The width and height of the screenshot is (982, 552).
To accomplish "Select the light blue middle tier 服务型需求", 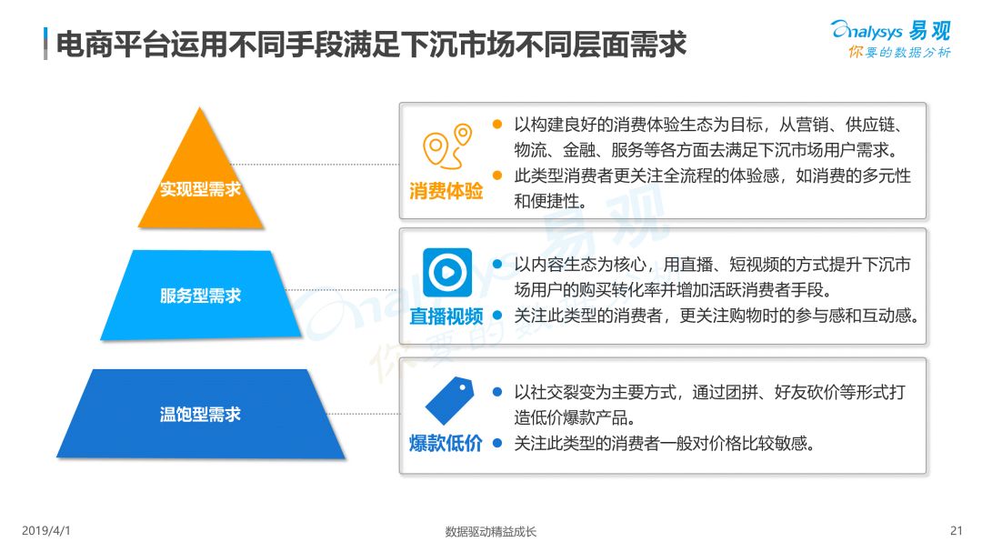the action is (x=200, y=296).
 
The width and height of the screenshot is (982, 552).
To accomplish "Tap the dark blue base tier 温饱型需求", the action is (x=200, y=414).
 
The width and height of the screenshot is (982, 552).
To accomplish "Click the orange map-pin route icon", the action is (x=448, y=146).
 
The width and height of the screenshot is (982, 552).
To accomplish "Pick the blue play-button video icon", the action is (x=446, y=272).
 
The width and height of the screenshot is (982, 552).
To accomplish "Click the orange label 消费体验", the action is (x=446, y=192).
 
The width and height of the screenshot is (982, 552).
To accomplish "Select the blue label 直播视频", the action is (x=446, y=316).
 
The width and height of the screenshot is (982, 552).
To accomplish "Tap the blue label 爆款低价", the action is (x=446, y=444).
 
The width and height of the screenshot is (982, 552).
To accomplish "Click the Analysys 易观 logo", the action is (x=890, y=30).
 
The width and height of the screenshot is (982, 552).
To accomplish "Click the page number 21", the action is (x=955, y=530).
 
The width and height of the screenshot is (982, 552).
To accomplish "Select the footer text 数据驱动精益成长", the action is (x=491, y=531).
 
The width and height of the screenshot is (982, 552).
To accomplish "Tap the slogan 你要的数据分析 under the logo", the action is (x=899, y=53).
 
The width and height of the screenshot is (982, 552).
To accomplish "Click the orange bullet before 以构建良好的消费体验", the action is (x=497, y=125).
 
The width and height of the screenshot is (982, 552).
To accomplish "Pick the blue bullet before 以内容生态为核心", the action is (x=497, y=265).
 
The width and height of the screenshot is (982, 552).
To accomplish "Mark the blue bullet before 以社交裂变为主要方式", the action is (x=497, y=392).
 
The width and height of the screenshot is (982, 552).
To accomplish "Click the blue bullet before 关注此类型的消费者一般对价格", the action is (x=497, y=443).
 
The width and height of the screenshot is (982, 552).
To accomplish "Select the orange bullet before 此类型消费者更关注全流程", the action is (x=497, y=176).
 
